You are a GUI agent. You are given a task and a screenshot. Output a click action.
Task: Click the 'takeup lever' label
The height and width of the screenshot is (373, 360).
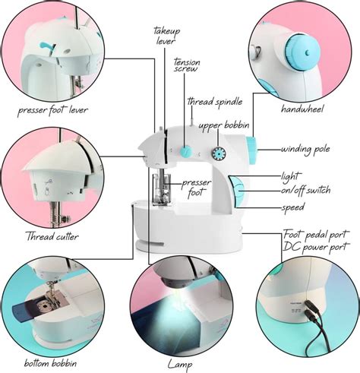tap(166, 34)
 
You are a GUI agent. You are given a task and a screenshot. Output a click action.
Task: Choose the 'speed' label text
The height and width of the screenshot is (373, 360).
tap(293, 207)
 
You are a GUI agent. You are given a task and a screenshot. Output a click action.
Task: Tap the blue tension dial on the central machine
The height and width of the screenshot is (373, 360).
tap(185, 151)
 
